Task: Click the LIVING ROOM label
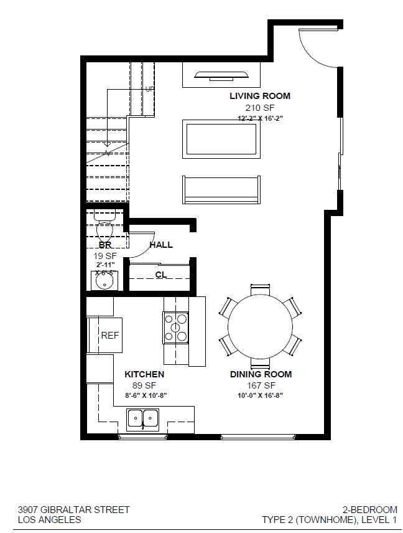259,96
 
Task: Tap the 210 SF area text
259,107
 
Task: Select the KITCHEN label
144,374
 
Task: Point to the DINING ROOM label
261,374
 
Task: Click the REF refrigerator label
110,336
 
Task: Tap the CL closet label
160,275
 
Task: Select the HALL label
161,245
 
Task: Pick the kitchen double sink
143,418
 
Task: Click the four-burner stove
175,328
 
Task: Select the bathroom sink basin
104,282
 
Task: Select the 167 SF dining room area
261,385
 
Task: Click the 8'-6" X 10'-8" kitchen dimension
146,395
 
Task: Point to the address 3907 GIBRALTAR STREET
74,509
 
